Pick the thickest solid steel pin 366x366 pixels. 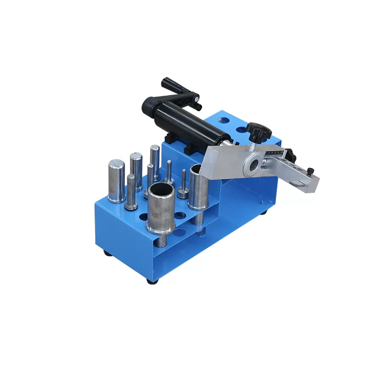coord(116,180)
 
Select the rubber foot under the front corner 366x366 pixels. coord(151,280)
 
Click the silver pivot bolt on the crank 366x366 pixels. coord(195,97)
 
